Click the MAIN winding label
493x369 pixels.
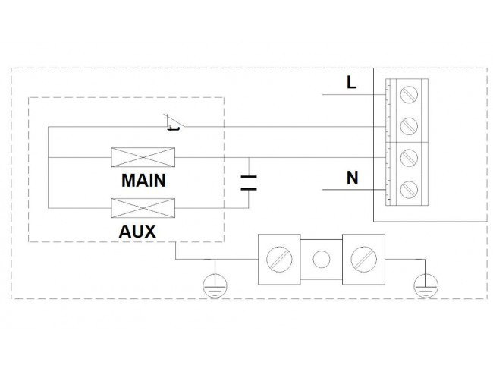(x=143, y=181)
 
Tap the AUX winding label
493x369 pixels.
(x=137, y=232)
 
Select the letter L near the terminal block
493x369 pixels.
(x=351, y=83)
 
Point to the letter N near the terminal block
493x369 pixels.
(x=352, y=178)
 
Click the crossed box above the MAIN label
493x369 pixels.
(x=143, y=157)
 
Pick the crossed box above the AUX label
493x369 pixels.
(x=143, y=208)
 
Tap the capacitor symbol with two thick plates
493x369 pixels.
(x=249, y=183)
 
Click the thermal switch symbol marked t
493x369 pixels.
(x=174, y=123)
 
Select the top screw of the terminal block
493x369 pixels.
(x=409, y=94)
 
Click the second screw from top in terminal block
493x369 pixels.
(x=409, y=126)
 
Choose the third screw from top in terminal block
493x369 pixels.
(x=409, y=158)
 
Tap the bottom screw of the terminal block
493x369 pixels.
(x=409, y=190)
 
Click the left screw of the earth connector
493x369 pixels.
(x=279, y=260)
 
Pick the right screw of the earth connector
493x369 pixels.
(x=363, y=260)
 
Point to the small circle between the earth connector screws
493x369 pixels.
(x=322, y=260)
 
